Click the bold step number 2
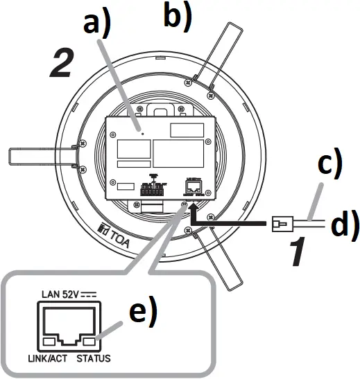click(60, 64)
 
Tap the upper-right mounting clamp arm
click(228, 55)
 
